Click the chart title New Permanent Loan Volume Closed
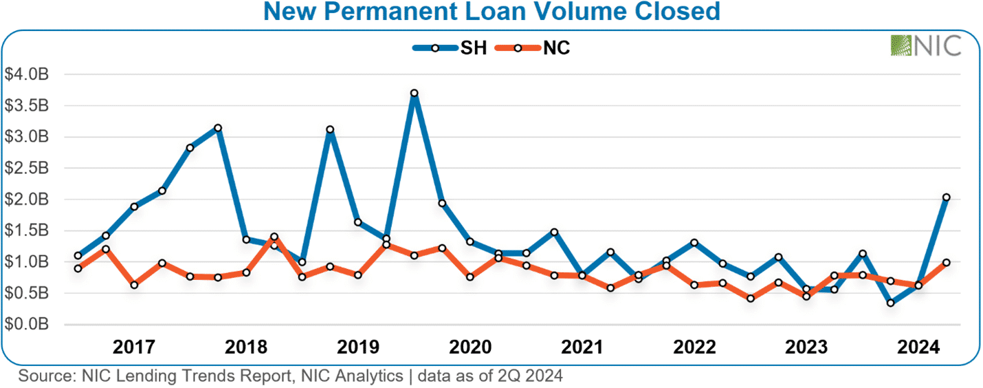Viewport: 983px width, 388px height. pos(491,12)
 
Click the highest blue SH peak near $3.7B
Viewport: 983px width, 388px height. pos(414,94)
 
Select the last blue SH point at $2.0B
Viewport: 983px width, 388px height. pos(947,197)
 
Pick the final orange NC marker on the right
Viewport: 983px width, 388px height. pos(947,263)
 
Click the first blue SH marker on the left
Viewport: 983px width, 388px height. pos(78,255)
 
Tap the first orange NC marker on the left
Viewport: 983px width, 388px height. pos(78,268)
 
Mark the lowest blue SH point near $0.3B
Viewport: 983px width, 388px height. pos(891,303)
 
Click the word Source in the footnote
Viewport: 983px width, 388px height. pos(40,376)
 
